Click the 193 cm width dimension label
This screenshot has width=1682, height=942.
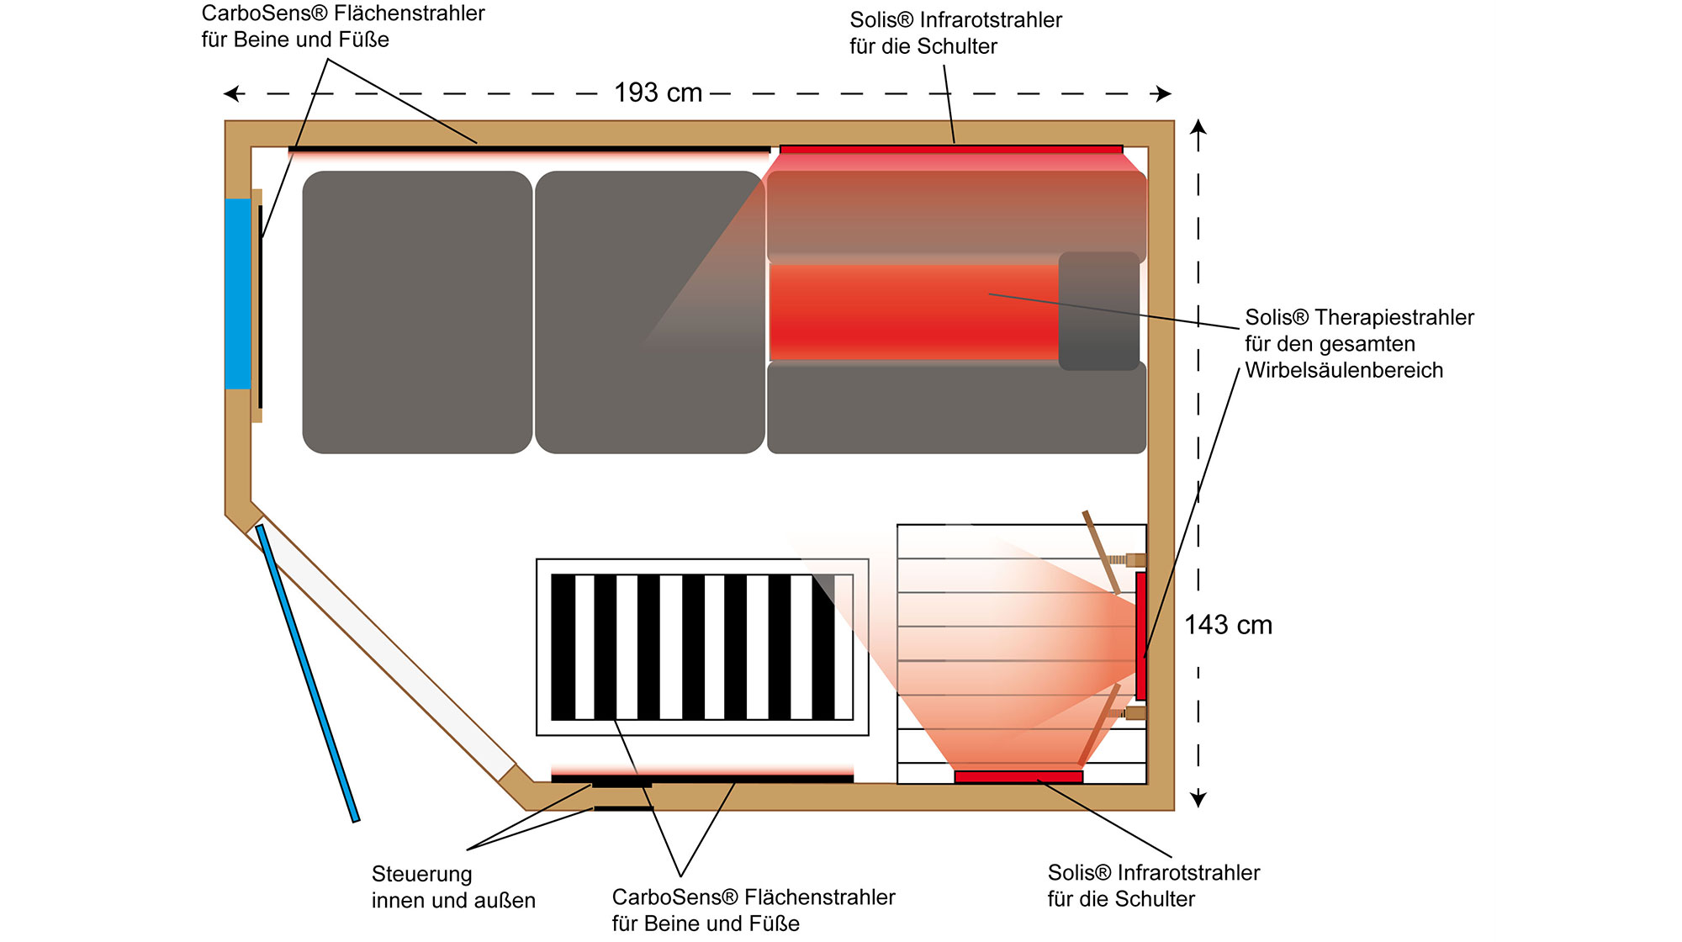[658, 93]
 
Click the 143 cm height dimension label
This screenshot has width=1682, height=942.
[1228, 625]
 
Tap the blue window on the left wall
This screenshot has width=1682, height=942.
[238, 294]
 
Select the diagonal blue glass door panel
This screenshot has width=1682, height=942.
[308, 673]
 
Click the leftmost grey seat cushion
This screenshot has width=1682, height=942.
[417, 312]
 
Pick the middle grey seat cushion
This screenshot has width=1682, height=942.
[649, 312]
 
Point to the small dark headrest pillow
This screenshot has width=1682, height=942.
[1098, 311]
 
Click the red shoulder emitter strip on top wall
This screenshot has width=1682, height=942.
[951, 150]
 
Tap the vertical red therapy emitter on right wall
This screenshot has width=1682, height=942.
[1140, 636]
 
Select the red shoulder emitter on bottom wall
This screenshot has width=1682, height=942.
[1018, 776]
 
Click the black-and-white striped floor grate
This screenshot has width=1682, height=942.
[702, 647]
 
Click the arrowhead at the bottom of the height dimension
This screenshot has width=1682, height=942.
[1198, 800]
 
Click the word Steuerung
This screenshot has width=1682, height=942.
[421, 874]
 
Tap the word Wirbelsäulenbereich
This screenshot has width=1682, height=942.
[1344, 370]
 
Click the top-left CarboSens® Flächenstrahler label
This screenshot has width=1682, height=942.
[343, 13]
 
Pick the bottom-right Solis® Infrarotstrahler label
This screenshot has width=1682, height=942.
[1153, 873]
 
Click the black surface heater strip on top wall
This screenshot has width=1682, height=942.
[529, 150]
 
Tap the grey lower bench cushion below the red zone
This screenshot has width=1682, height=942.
[956, 409]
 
